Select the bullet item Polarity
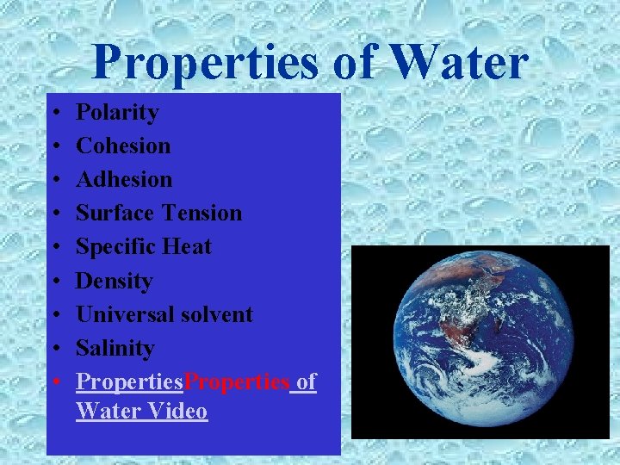(x=117, y=113)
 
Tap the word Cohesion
(x=123, y=146)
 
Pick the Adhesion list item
(x=124, y=180)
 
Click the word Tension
(x=201, y=214)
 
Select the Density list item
(x=114, y=281)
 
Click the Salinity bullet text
(x=115, y=348)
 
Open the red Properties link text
(x=237, y=381)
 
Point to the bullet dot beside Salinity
(x=54, y=349)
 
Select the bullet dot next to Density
(x=54, y=282)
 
